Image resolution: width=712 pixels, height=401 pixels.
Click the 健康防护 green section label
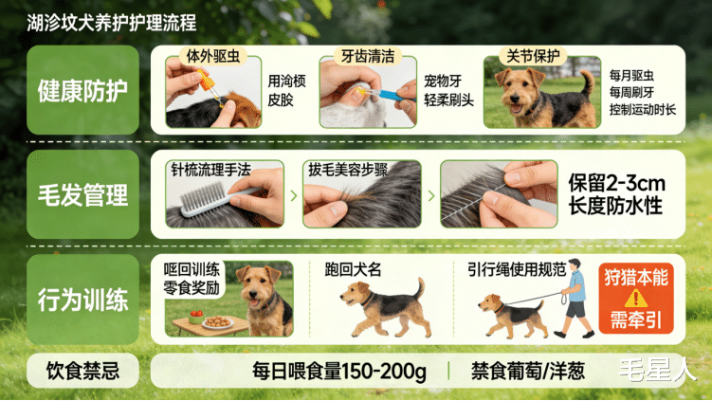(x=82, y=90)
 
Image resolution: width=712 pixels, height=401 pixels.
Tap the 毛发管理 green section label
(x=82, y=194)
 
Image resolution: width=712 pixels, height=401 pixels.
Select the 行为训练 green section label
(x=82, y=300)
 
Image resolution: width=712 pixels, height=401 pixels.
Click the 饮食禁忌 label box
(x=82, y=371)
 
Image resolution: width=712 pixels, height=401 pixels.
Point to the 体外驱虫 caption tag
(x=213, y=56)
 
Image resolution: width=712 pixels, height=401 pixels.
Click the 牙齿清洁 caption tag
(x=367, y=56)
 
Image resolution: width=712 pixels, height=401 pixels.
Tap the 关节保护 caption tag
(x=533, y=56)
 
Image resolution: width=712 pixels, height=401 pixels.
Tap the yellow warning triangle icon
(x=636, y=299)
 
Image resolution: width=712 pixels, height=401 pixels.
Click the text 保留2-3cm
(x=616, y=184)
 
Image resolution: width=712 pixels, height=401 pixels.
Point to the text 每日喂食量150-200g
(x=339, y=371)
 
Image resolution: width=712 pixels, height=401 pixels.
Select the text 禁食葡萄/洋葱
(x=528, y=371)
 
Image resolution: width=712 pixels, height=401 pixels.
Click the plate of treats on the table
(x=218, y=322)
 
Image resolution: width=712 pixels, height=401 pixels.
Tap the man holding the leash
(x=575, y=298)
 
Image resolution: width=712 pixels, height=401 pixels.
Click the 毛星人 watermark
(x=657, y=370)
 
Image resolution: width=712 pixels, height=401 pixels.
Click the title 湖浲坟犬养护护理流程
(x=112, y=23)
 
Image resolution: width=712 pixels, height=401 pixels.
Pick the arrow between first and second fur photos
(x=294, y=195)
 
